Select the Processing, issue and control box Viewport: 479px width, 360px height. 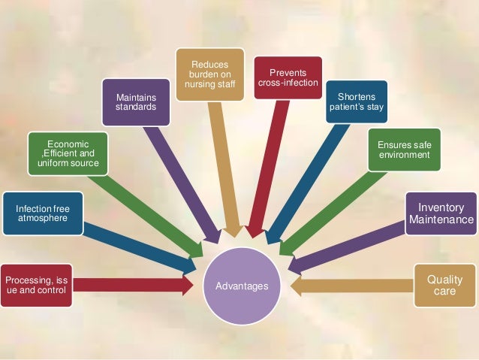[37, 285]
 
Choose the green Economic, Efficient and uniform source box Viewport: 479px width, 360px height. [68, 153]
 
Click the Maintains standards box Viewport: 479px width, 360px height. [136, 103]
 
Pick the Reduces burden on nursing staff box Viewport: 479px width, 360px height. [209, 74]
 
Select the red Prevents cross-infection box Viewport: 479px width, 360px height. [288, 77]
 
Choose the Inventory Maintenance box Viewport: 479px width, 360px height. [441, 213]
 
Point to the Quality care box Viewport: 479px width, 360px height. [444, 285]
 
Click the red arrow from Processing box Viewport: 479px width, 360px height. [131, 285]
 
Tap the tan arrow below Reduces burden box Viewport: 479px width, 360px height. [223, 165]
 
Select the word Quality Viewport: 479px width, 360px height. [444, 280]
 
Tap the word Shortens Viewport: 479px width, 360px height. [356, 97]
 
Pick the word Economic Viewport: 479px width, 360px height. [68, 144]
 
